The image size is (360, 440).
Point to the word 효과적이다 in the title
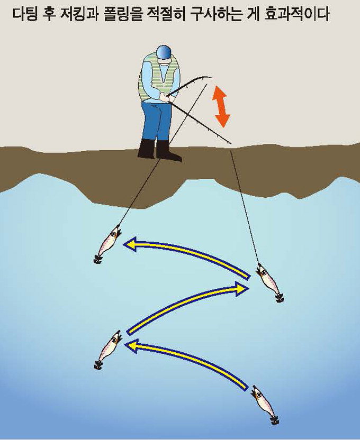[x=296, y=15]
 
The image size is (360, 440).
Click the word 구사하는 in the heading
[x=214, y=15]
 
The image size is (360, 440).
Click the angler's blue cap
[x=164, y=52]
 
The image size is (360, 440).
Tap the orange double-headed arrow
[x=222, y=106]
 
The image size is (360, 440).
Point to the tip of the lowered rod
[x=231, y=144]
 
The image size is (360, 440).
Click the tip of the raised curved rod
[x=212, y=78]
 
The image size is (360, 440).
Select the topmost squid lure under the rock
[x=107, y=244]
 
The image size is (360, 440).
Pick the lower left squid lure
[x=108, y=350]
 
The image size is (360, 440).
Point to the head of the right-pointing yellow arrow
[x=242, y=288]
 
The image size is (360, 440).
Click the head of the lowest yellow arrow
[x=131, y=346]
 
